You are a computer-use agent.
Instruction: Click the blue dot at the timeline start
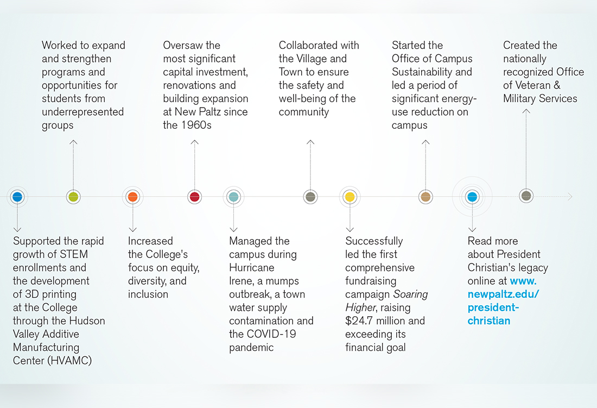[x=17, y=197]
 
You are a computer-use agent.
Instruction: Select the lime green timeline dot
[x=73, y=197]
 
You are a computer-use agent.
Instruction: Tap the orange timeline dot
[x=132, y=197]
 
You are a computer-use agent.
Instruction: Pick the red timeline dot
[x=194, y=197]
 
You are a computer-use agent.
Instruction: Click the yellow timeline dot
[x=350, y=197]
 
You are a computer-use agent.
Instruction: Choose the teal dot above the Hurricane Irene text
[x=233, y=197]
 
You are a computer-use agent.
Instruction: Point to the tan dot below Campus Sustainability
[x=425, y=197]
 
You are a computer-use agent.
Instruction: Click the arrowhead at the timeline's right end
[x=570, y=197]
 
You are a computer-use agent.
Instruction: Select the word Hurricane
[x=252, y=267]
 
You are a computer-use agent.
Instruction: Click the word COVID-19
[x=271, y=334]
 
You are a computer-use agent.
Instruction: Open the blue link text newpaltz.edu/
[x=503, y=294]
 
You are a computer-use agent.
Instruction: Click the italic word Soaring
[x=410, y=294]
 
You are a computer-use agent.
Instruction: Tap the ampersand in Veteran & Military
[x=557, y=85]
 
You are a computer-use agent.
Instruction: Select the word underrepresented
[x=82, y=111]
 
